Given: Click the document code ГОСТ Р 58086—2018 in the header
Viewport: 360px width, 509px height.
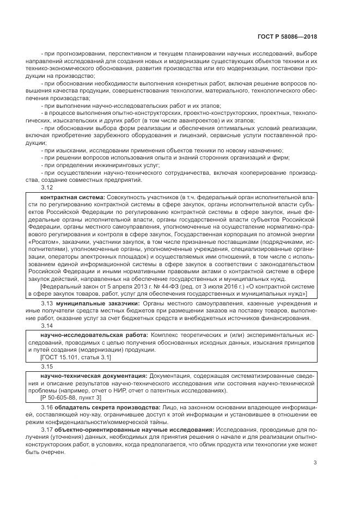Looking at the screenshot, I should point(286,36).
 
